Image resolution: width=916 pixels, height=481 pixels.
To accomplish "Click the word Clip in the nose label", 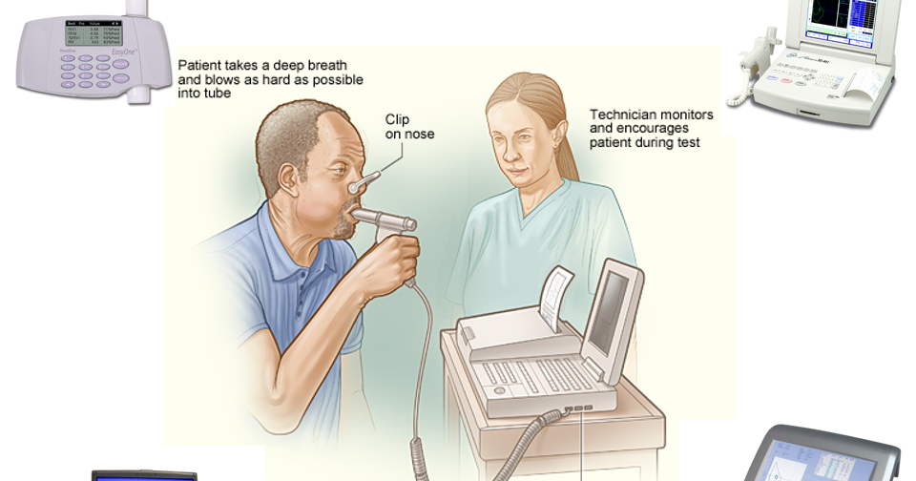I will point(397,119).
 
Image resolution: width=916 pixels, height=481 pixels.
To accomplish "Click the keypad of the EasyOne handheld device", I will point(91,73).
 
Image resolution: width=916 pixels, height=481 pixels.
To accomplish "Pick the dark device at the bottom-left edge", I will point(143,474).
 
